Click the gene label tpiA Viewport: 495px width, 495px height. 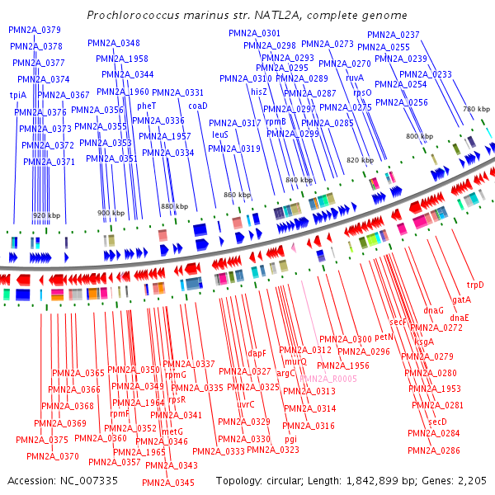18,96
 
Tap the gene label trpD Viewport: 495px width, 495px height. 476,285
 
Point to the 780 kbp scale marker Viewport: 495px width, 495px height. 476,109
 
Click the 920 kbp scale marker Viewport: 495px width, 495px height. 47,215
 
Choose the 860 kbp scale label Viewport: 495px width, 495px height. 237,195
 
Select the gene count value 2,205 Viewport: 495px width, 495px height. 470,480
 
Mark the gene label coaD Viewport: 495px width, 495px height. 198,106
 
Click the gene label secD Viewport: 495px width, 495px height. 437,422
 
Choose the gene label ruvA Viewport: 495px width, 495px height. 355,78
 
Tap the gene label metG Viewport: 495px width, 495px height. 172,431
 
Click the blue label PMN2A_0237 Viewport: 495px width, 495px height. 394,35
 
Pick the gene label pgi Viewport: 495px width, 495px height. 291,439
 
